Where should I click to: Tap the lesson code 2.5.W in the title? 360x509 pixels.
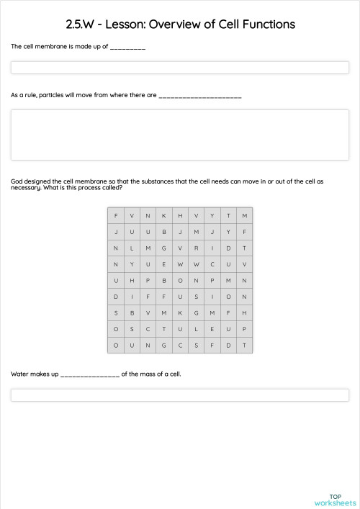[x=82, y=24]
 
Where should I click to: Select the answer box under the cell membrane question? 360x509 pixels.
[x=179, y=68]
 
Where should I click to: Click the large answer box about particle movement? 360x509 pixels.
[x=179, y=135]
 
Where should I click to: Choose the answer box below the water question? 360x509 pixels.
[x=179, y=395]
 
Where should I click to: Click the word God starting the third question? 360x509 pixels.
[x=17, y=181]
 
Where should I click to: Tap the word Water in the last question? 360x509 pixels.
[x=19, y=374]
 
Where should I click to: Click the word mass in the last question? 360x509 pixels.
[x=153, y=374]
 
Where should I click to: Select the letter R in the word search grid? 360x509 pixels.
[x=196, y=248]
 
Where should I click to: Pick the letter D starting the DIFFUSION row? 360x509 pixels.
[x=115, y=297]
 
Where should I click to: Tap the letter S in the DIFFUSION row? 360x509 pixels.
[x=196, y=297]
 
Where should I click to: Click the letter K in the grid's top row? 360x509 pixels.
[x=163, y=216]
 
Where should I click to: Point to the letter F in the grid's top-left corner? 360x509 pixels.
[x=115, y=216]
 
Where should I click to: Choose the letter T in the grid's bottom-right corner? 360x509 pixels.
[x=245, y=345]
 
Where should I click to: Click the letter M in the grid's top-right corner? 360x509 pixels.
[x=245, y=216]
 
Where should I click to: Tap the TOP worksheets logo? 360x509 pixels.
[x=335, y=499]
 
